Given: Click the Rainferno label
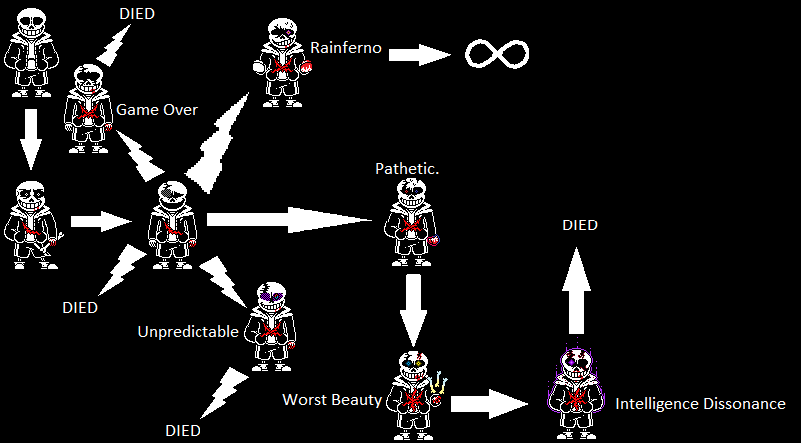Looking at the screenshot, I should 345,47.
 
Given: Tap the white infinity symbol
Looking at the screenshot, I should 497,53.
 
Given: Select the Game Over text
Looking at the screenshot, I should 157,109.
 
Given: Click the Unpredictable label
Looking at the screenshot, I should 188,331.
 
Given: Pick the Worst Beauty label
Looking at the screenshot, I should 332,400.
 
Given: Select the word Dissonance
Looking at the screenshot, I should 744,404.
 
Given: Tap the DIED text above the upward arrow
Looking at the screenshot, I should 579,225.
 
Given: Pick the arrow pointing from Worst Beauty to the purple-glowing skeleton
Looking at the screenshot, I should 489,403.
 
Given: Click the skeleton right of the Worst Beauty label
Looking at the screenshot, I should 412,389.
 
